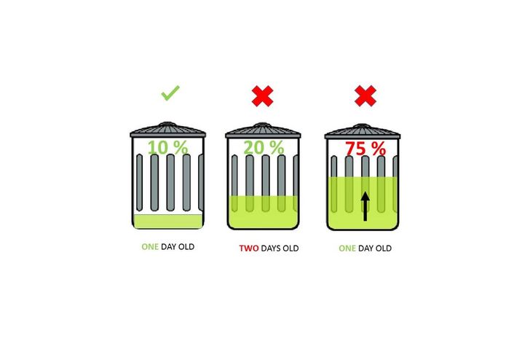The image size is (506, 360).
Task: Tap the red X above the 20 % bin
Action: pyautogui.click(x=263, y=95)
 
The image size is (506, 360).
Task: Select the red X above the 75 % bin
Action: pyautogui.click(x=364, y=95)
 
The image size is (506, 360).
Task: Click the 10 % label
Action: pyautogui.click(x=167, y=147)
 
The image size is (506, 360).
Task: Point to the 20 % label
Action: pyautogui.click(x=263, y=147)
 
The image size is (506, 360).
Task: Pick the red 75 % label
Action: pyautogui.click(x=365, y=149)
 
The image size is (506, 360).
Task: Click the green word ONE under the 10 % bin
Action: pyautogui.click(x=149, y=246)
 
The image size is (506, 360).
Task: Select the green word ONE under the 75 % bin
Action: pyautogui.click(x=347, y=249)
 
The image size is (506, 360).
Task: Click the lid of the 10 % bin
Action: pyautogui.click(x=168, y=131)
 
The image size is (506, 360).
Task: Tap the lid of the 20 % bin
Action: pyautogui.click(x=263, y=131)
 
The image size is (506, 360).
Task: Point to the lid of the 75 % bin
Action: pyautogui.click(x=363, y=131)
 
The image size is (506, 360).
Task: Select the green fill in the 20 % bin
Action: pyautogui.click(x=263, y=211)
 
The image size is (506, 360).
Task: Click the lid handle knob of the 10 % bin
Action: pyautogui.click(x=168, y=122)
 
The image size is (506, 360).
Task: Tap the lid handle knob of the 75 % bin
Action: pyautogui.click(x=363, y=122)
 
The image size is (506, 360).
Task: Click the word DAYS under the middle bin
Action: pyautogui.click(x=272, y=249)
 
